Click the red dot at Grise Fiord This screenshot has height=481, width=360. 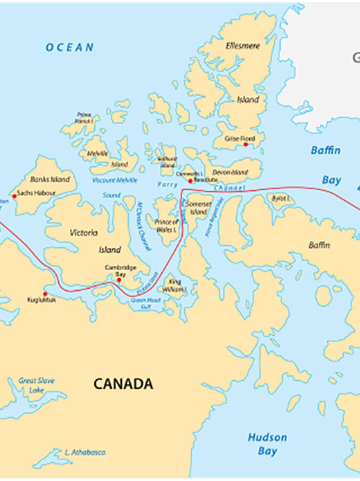(246, 145)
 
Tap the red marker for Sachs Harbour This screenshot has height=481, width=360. (14, 195)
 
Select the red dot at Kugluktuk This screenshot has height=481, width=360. (45, 294)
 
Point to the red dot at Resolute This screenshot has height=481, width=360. (190, 181)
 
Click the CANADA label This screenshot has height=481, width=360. (123, 384)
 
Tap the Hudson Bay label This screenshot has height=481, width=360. (267, 444)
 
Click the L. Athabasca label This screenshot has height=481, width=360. (85, 452)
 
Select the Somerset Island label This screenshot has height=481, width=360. (199, 208)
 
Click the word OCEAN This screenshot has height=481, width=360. (70, 48)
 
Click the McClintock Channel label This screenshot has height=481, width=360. (142, 216)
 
